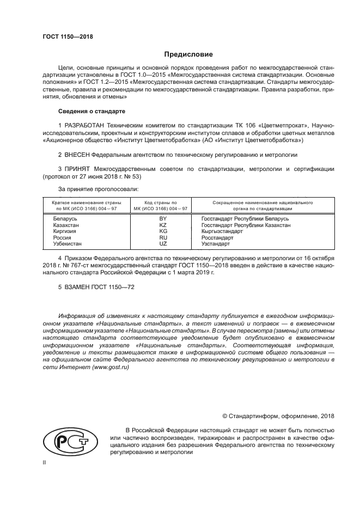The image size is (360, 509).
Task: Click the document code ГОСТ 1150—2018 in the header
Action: pos(68,37)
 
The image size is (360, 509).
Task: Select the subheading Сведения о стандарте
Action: pos(91,111)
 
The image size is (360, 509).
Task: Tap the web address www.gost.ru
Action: pos(111,368)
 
